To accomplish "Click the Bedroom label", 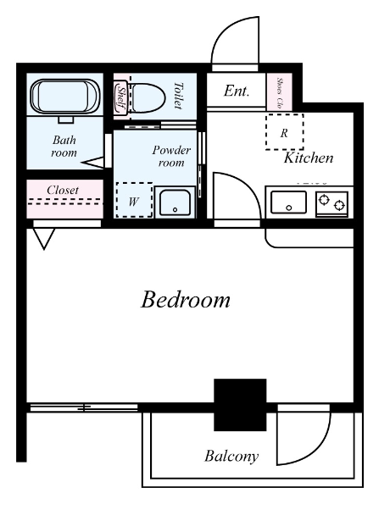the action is coord(186,300).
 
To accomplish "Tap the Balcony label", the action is coord(231,457).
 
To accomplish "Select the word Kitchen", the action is coord(309,158).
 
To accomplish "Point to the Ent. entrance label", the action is coord(237,91).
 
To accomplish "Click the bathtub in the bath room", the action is coord(64,97).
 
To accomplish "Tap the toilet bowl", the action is coord(147,98).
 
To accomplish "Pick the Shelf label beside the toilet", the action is coord(121,99).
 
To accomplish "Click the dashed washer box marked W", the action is coord(134,200).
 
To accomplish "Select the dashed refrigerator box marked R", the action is coord(284,132).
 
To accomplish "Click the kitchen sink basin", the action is coord(288,202).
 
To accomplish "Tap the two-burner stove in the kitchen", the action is coord(332,203).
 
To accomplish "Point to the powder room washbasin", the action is coord(175,203).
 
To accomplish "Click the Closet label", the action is coord(63,191).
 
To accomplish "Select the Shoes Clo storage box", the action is coord(279,92).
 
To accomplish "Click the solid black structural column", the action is coord(240,405).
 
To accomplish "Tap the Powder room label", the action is coord(171,156).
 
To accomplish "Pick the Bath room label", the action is coord(64,147).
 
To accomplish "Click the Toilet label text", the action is coord(178,96).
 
